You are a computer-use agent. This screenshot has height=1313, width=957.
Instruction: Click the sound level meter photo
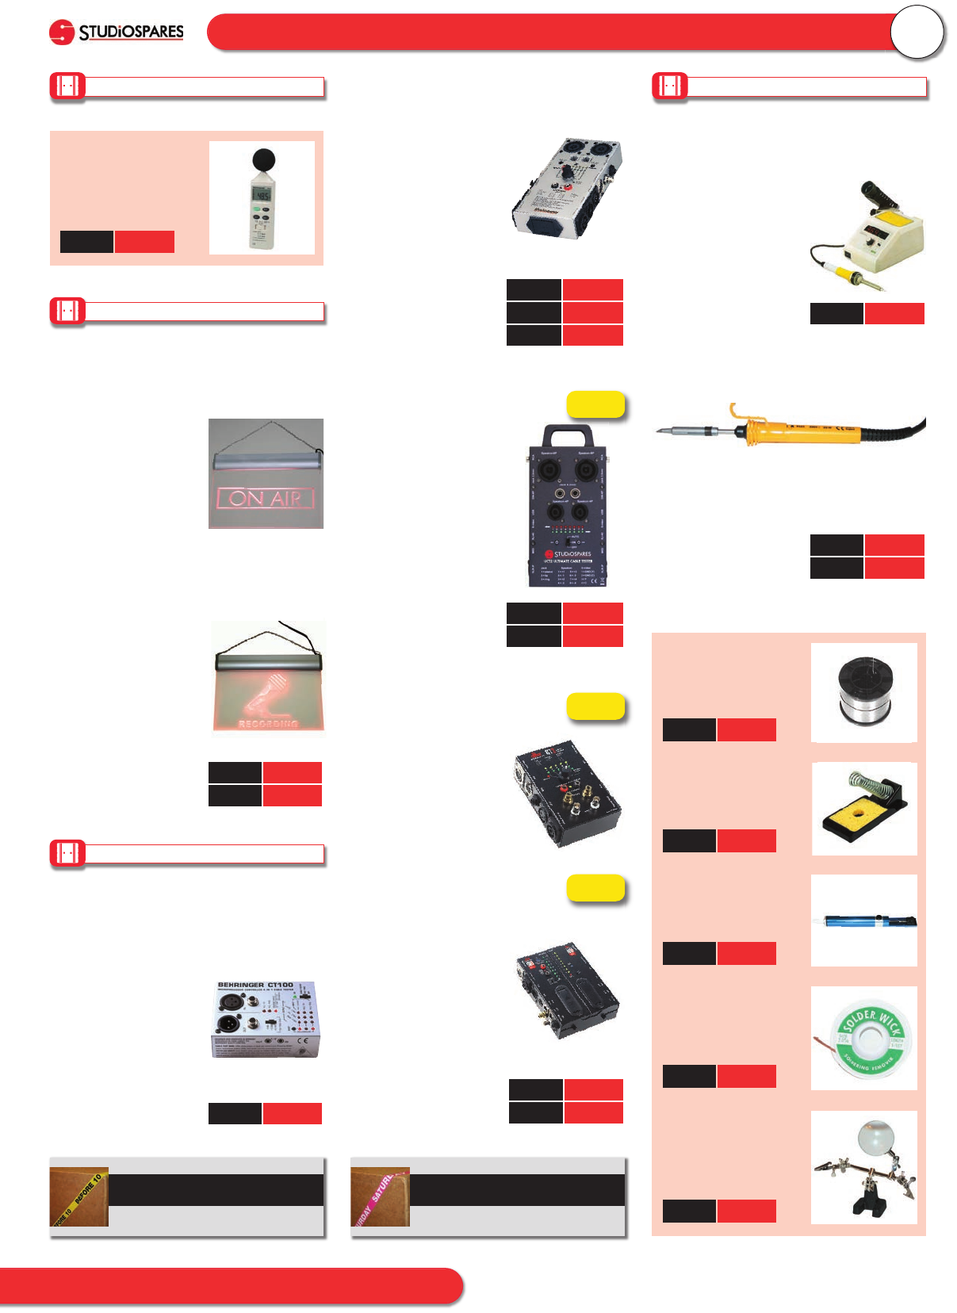(x=262, y=198)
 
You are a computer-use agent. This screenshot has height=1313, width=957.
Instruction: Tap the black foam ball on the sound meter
(x=262, y=161)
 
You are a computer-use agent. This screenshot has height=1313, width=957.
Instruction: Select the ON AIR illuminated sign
(x=266, y=474)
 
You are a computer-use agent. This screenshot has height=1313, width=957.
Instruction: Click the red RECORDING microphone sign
(x=268, y=679)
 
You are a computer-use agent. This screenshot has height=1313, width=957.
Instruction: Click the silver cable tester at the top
(x=567, y=189)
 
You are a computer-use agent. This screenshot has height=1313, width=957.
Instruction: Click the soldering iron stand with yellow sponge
(x=865, y=810)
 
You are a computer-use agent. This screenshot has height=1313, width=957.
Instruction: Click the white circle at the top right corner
(x=917, y=33)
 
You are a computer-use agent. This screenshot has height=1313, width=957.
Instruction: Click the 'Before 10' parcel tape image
(x=79, y=1197)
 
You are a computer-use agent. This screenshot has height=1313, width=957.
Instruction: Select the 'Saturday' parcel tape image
(x=381, y=1197)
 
